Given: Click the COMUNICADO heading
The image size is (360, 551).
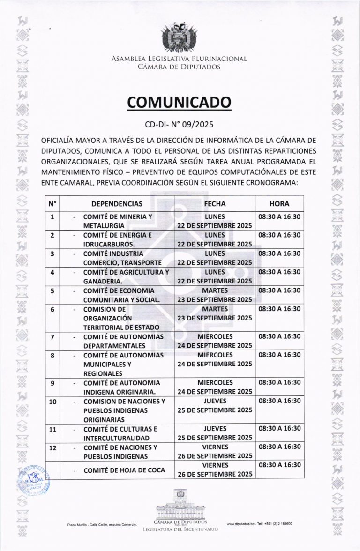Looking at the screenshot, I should [x=180, y=103].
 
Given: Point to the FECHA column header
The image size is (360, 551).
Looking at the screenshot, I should [x=215, y=204].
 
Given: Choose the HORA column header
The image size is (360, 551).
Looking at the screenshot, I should [x=279, y=204].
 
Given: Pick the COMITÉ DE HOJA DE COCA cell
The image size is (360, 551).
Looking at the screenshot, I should [x=124, y=470].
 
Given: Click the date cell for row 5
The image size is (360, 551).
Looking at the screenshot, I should [x=215, y=295].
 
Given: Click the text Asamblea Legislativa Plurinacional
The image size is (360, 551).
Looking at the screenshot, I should [x=180, y=59].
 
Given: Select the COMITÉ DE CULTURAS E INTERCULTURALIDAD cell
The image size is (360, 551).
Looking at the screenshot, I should [x=120, y=433].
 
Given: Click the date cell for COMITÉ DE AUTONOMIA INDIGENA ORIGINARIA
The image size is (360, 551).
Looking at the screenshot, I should [x=215, y=387].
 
